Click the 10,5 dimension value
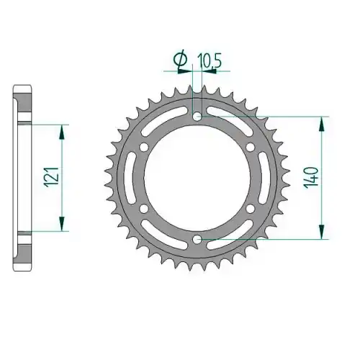click(x=209, y=62)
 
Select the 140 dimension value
click(x=312, y=178)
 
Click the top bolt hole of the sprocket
click(x=197, y=117)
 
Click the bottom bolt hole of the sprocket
click(x=197, y=239)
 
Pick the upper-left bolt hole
click(x=144, y=147)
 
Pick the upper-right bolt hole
click(x=251, y=147)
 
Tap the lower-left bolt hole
click(x=144, y=208)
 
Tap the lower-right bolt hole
click(x=251, y=208)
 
